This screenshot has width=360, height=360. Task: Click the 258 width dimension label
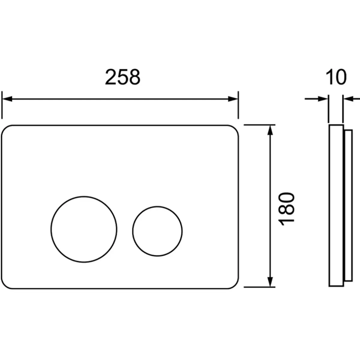pyautogui.click(x=123, y=77)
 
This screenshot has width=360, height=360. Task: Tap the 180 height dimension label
pyautogui.click(x=286, y=209)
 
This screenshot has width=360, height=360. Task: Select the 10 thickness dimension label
pyautogui.click(x=336, y=77)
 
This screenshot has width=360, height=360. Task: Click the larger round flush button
pyautogui.click(x=84, y=229)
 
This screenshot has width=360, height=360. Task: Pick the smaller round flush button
pyautogui.click(x=157, y=231)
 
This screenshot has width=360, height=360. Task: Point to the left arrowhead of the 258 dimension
pyautogui.click(x=7, y=99)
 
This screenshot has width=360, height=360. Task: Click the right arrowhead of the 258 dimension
pyautogui.click(x=233, y=99)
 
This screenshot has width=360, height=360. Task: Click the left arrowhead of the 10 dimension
pyautogui.click(x=323, y=99)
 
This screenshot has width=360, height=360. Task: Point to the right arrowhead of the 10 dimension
pyautogui.click(x=349, y=99)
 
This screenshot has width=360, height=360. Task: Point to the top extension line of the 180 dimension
pyautogui.click(x=259, y=124)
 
